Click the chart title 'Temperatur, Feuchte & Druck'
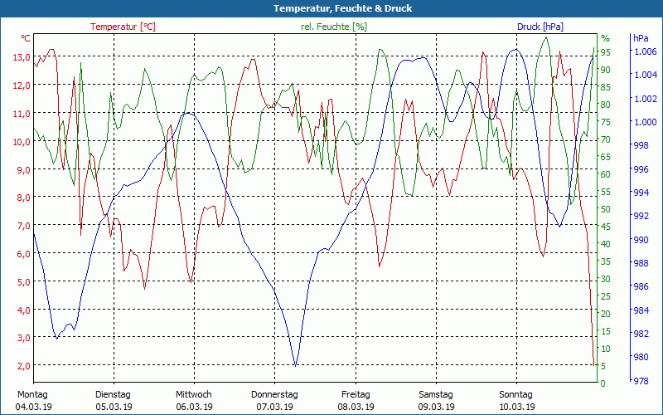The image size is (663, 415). [331, 8]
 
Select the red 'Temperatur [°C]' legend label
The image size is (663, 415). [123, 27]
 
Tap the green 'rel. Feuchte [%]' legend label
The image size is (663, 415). [333, 27]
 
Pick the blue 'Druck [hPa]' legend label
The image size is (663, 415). [540, 27]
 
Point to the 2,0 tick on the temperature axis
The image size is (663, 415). [22, 365]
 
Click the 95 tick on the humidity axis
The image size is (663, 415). [605, 51]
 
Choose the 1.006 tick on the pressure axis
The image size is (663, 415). [645, 51]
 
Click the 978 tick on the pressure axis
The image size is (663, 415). [641, 382]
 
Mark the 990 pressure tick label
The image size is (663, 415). [641, 240]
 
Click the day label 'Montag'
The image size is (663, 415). [32, 394]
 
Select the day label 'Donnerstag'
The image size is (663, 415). [274, 394]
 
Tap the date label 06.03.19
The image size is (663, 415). [194, 407]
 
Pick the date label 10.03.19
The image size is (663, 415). [516, 407]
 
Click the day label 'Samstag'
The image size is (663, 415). [435, 394]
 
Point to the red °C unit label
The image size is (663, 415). [26, 38]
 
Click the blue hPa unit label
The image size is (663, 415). [641, 38]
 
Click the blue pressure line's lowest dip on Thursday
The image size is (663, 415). [295, 364]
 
